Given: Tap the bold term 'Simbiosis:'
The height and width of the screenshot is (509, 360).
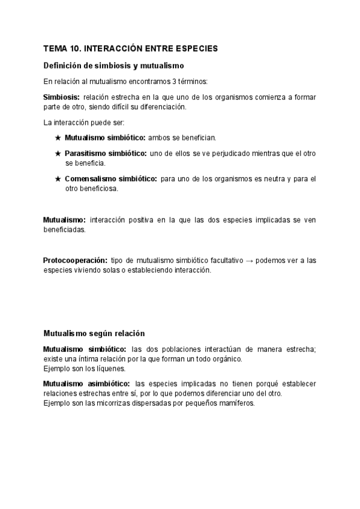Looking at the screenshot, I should click(61, 97).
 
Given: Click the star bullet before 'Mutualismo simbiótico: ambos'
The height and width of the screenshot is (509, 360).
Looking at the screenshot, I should click(58, 137).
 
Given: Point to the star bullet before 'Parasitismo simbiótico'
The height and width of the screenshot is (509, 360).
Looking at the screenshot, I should click(58, 154).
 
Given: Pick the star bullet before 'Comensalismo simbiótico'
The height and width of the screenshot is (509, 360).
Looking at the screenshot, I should click(58, 179).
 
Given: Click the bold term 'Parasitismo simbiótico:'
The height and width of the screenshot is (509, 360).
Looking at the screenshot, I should click(106, 154).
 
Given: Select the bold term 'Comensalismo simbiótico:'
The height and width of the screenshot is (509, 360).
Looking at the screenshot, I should click(110, 179).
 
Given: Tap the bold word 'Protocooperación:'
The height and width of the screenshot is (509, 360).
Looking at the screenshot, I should click(75, 260).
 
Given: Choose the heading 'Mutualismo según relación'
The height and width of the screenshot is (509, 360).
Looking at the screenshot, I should click(94, 333).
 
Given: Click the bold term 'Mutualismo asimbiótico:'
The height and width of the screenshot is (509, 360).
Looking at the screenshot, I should click(86, 384).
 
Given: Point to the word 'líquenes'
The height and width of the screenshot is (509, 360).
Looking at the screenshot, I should click(110, 368).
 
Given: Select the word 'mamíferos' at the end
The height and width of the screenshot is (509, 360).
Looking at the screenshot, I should click(238, 403).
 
